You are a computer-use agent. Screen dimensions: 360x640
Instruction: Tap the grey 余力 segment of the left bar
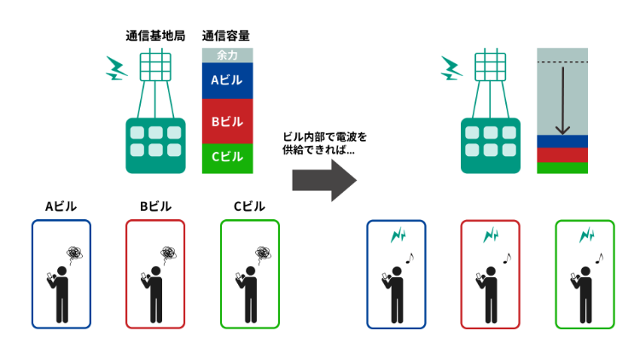227,55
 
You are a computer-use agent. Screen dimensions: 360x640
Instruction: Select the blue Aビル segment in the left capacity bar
227,81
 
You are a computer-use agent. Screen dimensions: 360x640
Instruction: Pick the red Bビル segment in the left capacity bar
227,122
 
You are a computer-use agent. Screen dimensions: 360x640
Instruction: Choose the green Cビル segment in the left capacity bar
227,157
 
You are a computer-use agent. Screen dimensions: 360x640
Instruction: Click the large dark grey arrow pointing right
323,178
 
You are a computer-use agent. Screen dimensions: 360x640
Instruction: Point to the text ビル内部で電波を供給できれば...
323,142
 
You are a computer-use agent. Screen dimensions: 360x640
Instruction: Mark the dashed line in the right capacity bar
562,63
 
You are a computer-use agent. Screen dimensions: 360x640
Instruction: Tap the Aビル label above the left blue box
61,206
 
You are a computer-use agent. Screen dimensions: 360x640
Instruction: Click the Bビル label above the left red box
154,206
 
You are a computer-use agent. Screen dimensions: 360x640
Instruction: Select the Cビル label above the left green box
249,206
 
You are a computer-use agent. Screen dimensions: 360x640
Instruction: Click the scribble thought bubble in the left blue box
75,253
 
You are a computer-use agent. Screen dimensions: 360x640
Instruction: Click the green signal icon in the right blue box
398,235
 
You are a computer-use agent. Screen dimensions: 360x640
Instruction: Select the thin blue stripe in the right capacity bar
562,141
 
